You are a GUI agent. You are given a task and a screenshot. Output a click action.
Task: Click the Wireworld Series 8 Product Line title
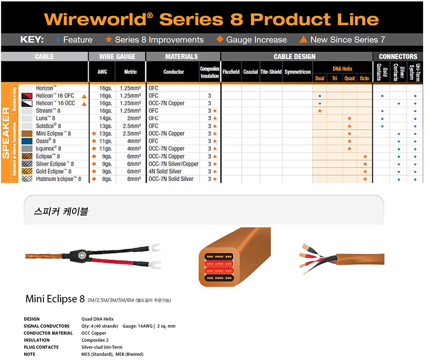click(x=211, y=19)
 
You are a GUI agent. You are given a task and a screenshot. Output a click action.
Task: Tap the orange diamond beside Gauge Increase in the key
click(x=220, y=39)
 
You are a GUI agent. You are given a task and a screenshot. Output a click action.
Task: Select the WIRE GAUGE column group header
click(x=117, y=56)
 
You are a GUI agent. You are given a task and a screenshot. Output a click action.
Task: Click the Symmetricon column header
click(x=298, y=72)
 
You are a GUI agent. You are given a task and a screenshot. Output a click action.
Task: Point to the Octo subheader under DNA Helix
click(x=364, y=79)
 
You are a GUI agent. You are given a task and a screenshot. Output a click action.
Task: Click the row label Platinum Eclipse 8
click(x=58, y=179)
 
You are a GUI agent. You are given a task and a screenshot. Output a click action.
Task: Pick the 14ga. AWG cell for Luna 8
click(x=106, y=118)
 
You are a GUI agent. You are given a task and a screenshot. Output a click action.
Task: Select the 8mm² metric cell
click(x=134, y=179)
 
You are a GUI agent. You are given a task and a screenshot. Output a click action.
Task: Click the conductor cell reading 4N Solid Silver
click(x=165, y=171)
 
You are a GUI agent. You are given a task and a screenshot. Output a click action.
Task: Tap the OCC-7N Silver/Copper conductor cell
click(x=173, y=164)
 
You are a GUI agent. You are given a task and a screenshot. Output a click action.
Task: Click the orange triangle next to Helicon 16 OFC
click(x=85, y=96)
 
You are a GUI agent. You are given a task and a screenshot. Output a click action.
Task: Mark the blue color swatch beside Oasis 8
click(x=27, y=141)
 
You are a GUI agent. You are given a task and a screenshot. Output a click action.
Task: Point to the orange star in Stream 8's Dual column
click(x=320, y=111)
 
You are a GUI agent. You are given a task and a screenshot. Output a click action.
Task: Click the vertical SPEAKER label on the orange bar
click(x=6, y=132)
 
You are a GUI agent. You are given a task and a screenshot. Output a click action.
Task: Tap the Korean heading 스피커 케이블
click(x=61, y=211)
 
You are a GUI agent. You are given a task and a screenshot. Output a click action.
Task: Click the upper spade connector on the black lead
click(x=154, y=248)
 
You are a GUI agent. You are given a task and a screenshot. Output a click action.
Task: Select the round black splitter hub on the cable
click(x=82, y=255)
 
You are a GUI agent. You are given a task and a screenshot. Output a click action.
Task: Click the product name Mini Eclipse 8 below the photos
click(x=55, y=299)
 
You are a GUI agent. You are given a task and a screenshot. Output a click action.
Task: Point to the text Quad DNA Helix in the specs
click(x=98, y=319)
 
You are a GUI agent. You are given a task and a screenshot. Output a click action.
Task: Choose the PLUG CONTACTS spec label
click(x=41, y=347)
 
